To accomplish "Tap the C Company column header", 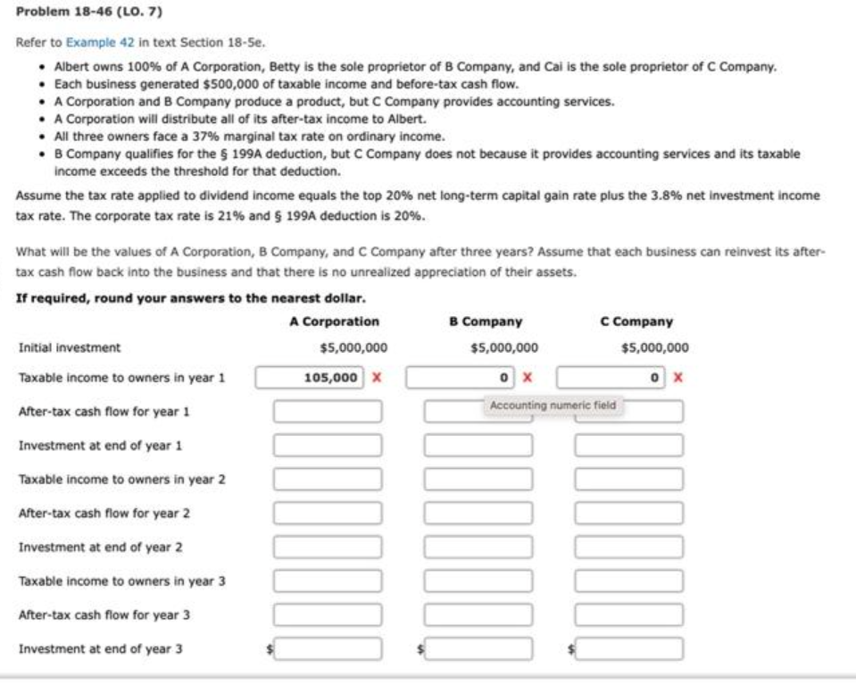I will [x=637, y=322].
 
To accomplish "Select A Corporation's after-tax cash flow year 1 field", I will [x=328, y=412].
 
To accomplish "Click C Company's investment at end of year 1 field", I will [x=629, y=445].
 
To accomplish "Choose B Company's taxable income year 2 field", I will [x=478, y=480].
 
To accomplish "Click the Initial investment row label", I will [x=70, y=347].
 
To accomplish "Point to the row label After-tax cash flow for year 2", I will [x=104, y=514].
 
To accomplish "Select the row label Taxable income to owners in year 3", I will [x=121, y=581].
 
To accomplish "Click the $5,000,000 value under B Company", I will [x=503, y=347].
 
